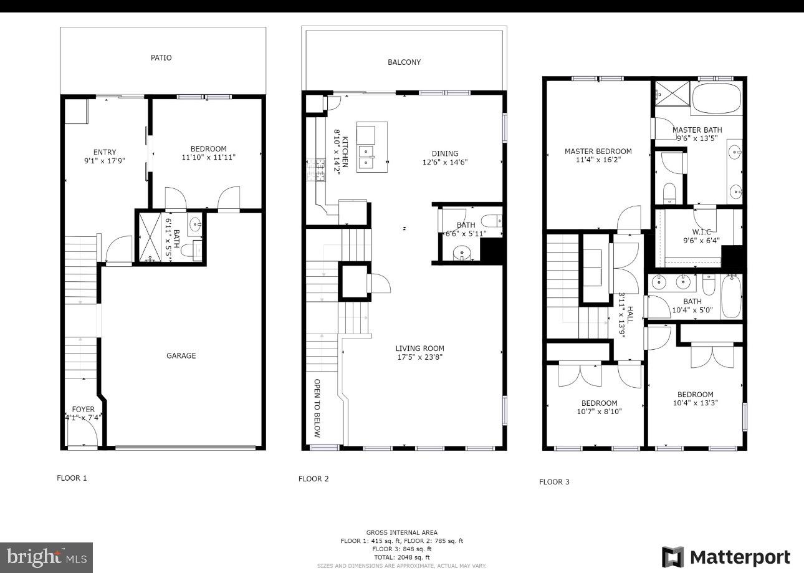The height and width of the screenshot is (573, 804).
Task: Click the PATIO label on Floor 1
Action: [x=161, y=58]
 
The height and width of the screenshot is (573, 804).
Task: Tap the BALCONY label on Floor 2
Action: [x=404, y=62]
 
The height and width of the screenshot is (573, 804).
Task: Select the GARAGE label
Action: [x=181, y=356]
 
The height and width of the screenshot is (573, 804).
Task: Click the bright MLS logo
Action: [x=46, y=556]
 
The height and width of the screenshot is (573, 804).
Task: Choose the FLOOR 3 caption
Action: [x=554, y=482]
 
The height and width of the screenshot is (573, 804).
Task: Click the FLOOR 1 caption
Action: [x=72, y=478]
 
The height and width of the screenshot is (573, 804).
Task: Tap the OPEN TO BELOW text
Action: [x=317, y=408]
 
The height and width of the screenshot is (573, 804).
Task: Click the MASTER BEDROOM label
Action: [x=598, y=152]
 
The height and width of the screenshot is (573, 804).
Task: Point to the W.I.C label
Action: [x=701, y=233]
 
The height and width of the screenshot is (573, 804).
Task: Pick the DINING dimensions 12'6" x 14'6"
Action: [x=445, y=162]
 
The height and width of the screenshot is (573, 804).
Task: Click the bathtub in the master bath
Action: [x=717, y=99]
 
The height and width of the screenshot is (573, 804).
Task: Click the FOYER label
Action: [x=83, y=410]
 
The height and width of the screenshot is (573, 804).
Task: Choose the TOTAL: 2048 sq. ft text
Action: [x=401, y=557]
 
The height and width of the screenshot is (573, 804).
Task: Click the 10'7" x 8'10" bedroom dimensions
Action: [x=599, y=412]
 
